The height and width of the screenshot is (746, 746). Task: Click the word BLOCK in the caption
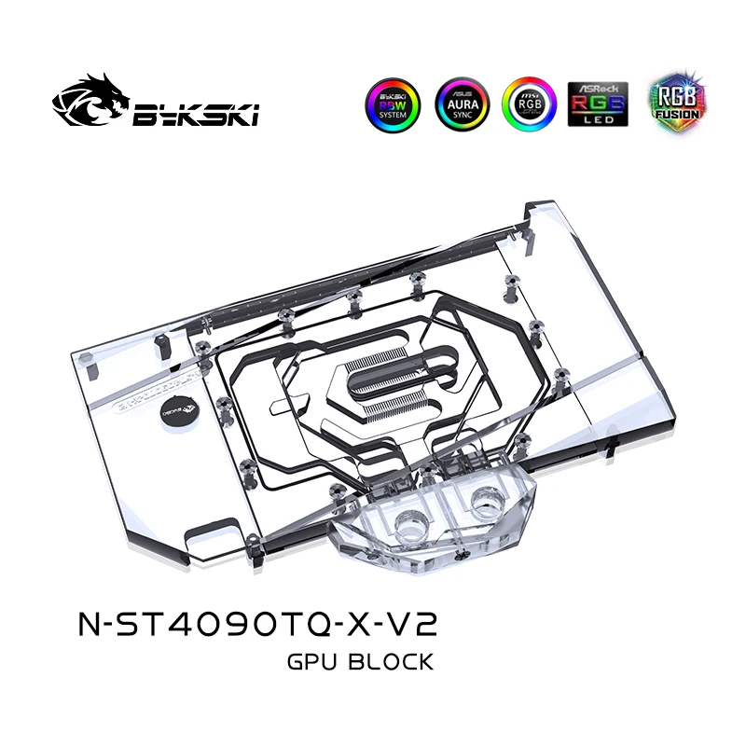pos(393,663)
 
